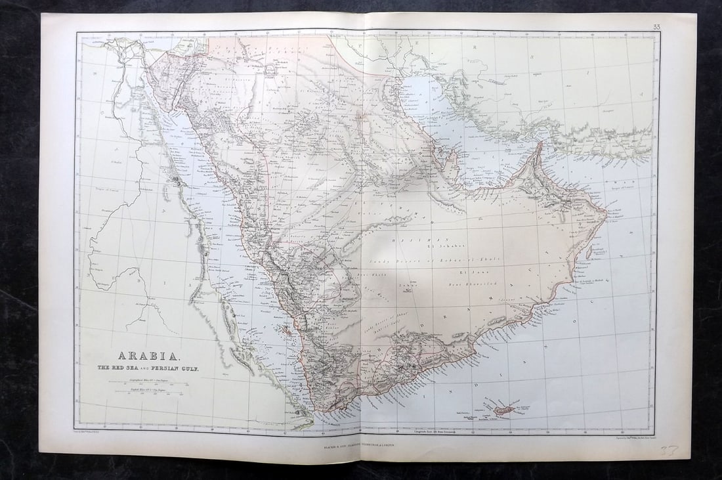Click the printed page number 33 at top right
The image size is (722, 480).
click(x=656, y=27)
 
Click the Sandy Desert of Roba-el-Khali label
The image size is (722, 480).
click(x=454, y=260)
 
